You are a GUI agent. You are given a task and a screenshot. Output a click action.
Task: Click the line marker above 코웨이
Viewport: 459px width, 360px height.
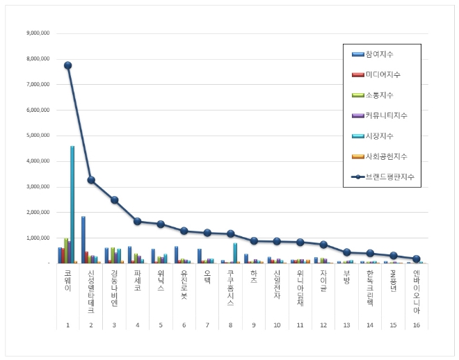(x=67, y=65)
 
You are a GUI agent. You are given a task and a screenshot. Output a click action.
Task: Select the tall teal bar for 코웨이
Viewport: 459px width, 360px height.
(x=72, y=205)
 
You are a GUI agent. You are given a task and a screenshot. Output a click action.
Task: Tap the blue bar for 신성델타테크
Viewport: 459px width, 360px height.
(x=83, y=240)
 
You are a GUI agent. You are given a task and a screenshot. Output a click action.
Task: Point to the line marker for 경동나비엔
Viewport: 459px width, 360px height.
(x=114, y=200)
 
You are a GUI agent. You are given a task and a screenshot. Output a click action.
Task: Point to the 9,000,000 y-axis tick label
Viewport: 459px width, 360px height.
(x=37, y=33)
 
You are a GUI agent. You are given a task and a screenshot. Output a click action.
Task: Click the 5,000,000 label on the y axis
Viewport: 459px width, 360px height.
(x=37, y=136)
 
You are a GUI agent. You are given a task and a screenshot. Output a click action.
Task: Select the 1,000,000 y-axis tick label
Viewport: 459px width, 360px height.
(x=37, y=238)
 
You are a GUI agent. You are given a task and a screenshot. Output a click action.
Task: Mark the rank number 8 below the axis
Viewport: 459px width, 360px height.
(x=230, y=325)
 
